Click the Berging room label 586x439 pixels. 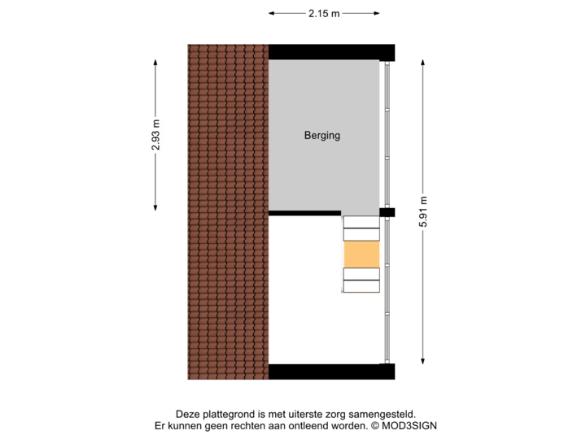point(322,136)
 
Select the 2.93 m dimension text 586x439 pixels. point(155,135)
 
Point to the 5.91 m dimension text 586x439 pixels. point(423,211)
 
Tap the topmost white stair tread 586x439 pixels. point(361,221)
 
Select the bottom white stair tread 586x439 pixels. point(361,286)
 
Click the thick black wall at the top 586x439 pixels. point(331,51)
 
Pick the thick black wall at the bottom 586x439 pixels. point(331,372)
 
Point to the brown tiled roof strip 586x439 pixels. point(228,211)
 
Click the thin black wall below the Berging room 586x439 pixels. point(304,213)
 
